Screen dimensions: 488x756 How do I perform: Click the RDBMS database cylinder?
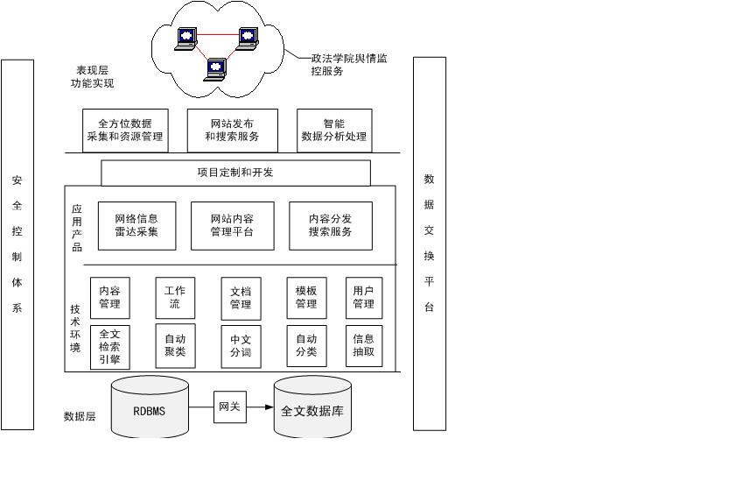[x=150, y=408]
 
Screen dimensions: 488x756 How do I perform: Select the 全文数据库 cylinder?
[x=312, y=409]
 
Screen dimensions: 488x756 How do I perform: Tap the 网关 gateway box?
[x=230, y=407]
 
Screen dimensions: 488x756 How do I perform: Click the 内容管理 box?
[x=109, y=298]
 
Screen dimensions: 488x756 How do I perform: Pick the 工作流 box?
[x=175, y=298]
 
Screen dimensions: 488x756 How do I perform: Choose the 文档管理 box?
[x=241, y=298]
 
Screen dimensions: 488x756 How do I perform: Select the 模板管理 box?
[x=306, y=298]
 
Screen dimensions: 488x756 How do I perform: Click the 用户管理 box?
[x=363, y=298]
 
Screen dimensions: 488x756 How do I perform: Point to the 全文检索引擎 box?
[x=109, y=346]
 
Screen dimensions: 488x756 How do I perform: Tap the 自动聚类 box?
[x=175, y=346]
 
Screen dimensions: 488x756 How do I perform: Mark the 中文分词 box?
[x=241, y=346]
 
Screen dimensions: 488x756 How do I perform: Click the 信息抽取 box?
[x=363, y=346]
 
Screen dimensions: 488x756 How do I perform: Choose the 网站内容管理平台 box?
[x=232, y=225]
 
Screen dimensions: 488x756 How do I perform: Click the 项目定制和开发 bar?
[x=235, y=173]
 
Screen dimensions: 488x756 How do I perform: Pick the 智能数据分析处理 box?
[x=334, y=131]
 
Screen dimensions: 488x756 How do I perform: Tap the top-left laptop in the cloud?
[x=186, y=39]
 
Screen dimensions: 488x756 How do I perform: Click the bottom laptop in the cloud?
[x=214, y=68]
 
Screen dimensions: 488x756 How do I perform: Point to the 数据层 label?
[x=80, y=417]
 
